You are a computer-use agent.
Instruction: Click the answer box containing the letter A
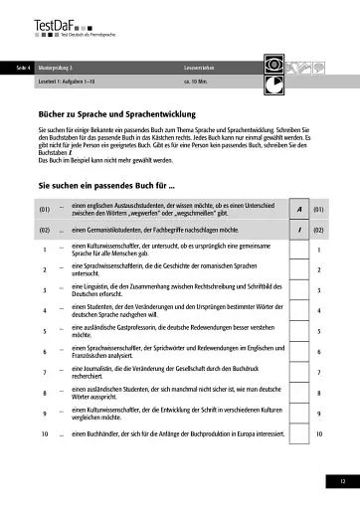298,210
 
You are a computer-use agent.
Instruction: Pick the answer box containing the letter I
298,230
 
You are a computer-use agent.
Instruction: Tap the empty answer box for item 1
298,250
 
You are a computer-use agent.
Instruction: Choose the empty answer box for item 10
298,434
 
